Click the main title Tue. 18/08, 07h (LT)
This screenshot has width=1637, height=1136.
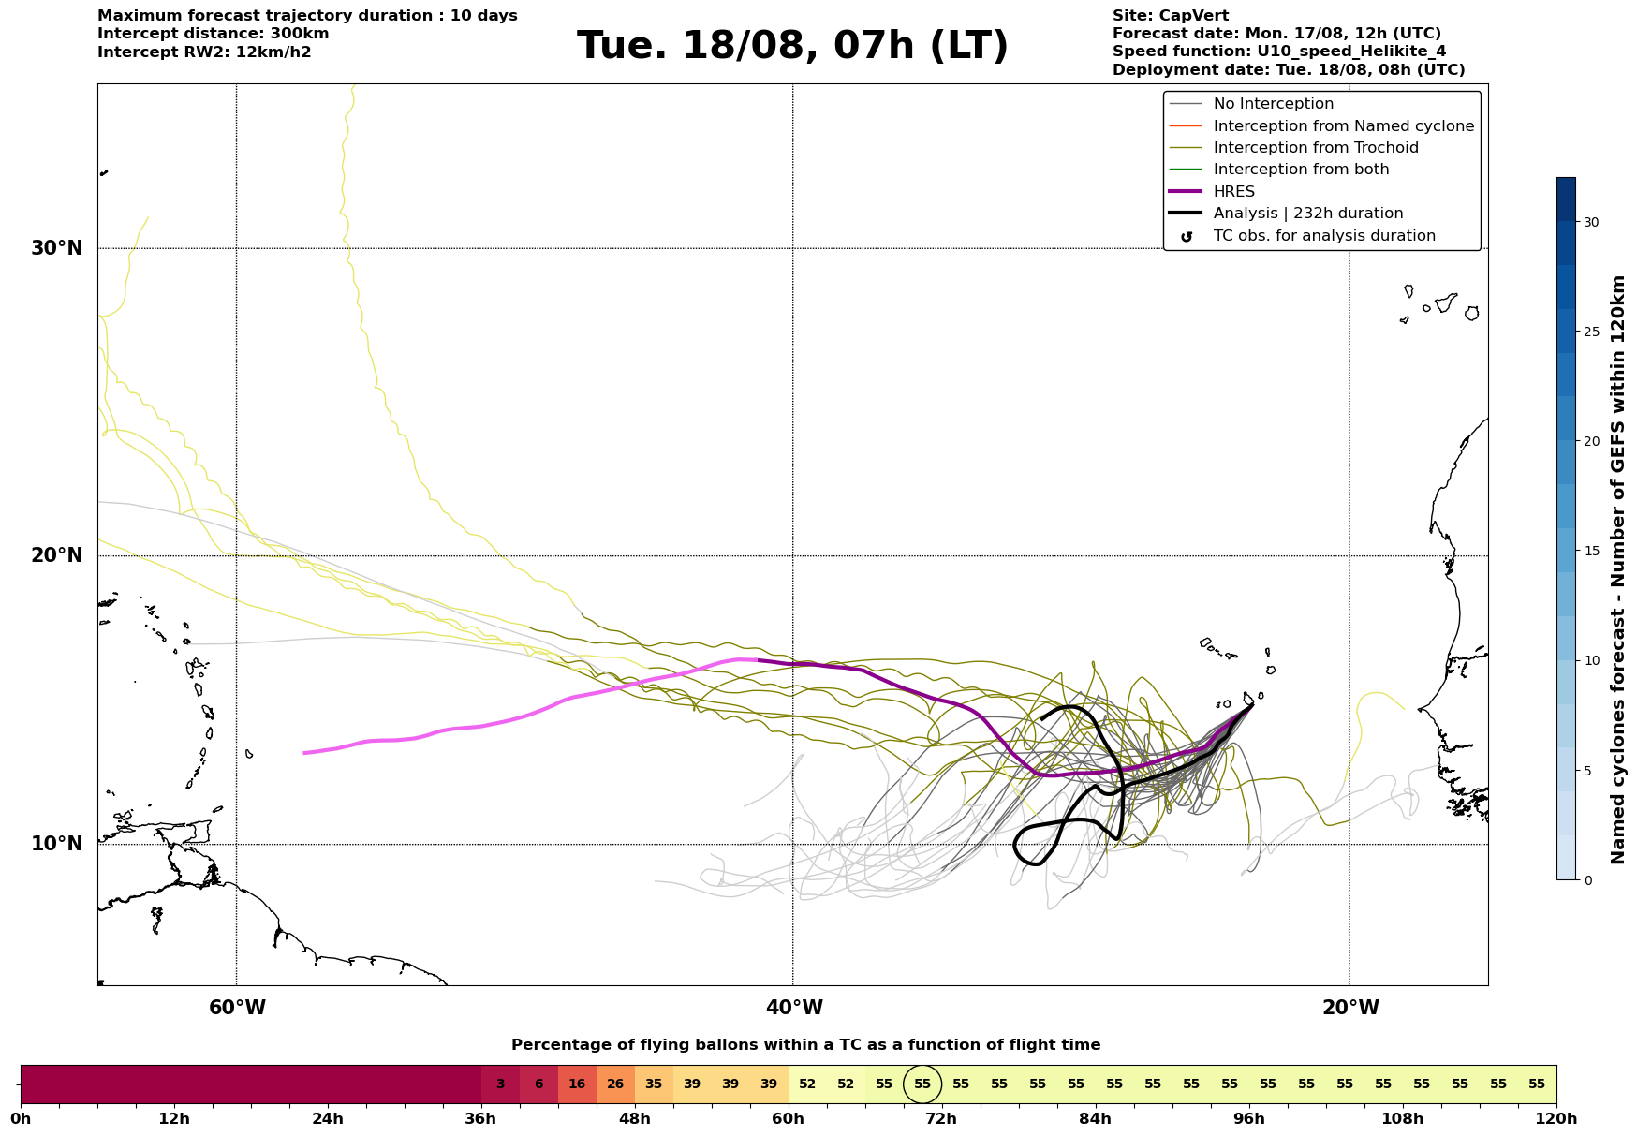[792, 46]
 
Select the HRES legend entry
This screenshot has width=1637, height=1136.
[1233, 192]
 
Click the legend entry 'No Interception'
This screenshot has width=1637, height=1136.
[1273, 104]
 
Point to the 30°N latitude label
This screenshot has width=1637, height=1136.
[56, 248]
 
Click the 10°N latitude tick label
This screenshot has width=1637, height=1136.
[56, 844]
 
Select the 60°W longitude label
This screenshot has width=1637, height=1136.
[236, 1008]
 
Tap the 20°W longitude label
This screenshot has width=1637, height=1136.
[1349, 1008]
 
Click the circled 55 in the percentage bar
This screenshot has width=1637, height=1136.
[922, 1084]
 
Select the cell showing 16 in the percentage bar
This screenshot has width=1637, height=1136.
[577, 1084]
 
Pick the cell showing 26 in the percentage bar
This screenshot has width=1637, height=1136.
[615, 1084]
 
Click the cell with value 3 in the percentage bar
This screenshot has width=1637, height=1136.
[500, 1084]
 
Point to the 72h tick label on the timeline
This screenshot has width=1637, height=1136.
[941, 1118]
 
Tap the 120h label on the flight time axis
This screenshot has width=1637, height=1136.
[1556, 1118]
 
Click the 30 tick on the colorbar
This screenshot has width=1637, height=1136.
[1591, 222]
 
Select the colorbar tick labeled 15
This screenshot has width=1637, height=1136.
[1591, 551]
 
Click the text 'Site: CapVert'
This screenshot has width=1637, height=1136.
[1171, 16]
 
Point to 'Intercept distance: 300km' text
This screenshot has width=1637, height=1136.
[214, 34]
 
